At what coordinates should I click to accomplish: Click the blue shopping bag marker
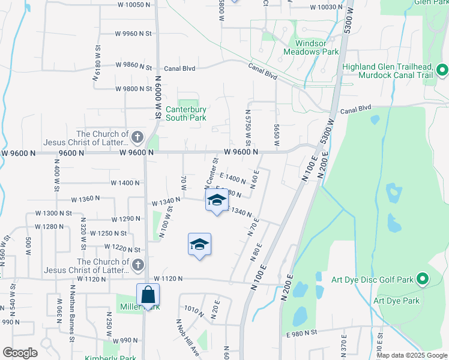(x=148, y=295)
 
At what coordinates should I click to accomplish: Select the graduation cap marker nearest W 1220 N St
(x=199, y=245)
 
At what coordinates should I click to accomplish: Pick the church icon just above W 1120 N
(x=138, y=265)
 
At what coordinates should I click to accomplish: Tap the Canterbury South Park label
(x=186, y=113)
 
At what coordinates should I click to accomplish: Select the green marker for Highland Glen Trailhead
(x=442, y=71)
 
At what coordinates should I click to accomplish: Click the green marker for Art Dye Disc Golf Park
(x=422, y=280)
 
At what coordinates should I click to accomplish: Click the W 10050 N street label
(x=129, y=4)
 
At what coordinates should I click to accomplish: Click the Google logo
(x=20, y=353)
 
